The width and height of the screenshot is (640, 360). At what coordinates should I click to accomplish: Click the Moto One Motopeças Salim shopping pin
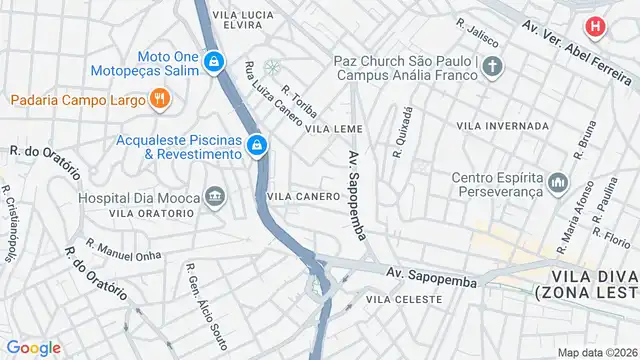(213, 63)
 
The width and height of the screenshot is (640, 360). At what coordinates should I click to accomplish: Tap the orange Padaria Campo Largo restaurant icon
(158, 98)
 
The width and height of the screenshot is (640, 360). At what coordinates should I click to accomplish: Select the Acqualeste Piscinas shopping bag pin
(257, 146)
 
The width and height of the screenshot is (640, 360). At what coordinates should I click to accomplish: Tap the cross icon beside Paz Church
(491, 67)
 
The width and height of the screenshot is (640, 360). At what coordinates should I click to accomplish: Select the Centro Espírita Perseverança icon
(557, 184)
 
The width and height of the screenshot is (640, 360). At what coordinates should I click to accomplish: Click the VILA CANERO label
(304, 196)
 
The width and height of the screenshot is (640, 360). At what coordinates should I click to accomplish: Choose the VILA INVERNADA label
(502, 126)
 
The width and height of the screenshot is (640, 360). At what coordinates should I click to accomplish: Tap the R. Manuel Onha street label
(123, 250)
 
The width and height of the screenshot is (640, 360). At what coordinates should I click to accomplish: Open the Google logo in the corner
(34, 347)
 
